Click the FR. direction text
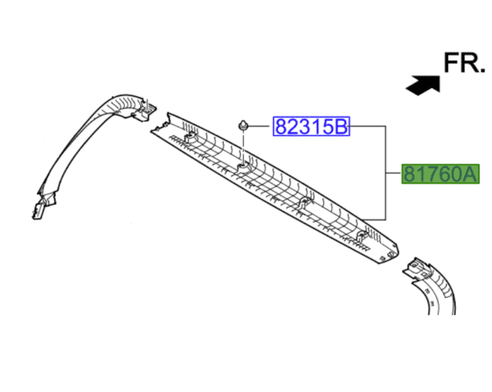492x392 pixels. coord(464,63)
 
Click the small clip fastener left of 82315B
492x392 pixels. coord(244,125)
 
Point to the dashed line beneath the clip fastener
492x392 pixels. coord(244,148)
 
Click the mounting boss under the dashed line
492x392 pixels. coord(244,169)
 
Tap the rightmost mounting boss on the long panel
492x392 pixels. coord(362,238)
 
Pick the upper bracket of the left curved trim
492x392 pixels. coord(144,110)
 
